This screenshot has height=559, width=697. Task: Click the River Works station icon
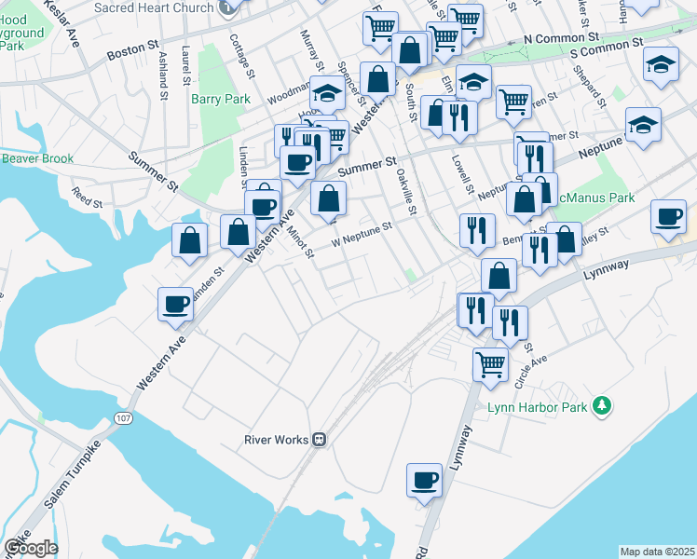[319, 440]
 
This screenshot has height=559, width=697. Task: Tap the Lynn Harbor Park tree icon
[603, 404]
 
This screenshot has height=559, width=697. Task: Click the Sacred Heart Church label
[155, 7]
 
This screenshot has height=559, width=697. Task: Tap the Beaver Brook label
[37, 158]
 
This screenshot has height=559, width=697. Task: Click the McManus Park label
[595, 198]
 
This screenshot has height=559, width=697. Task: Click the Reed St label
[87, 198]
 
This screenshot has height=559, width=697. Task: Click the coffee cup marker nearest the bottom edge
[425, 481]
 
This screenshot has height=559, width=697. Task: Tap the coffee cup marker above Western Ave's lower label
[176, 304]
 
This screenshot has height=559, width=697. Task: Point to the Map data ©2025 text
[657, 552]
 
